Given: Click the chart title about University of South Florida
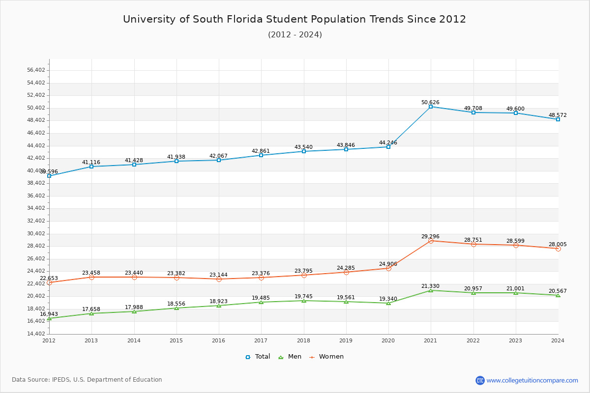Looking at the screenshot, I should [295, 19].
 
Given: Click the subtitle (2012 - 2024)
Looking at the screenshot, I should [295, 34].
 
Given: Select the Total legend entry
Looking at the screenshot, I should [258, 357].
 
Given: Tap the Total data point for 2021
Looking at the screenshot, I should [431, 107].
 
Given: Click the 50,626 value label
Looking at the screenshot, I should [430, 102].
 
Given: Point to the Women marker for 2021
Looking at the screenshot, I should [431, 241].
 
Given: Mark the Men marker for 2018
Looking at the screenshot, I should [304, 301].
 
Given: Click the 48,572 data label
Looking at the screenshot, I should [558, 115].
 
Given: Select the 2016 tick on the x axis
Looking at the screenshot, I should [219, 340].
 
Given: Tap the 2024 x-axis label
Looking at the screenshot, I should [558, 340].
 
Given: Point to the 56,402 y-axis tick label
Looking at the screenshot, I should [36, 70].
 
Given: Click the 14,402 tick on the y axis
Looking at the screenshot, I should [36, 334].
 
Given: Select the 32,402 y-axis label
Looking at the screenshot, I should [36, 221].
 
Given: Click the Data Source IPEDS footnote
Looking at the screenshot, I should [87, 380].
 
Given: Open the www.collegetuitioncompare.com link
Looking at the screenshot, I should [532, 380].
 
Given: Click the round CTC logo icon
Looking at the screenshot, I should [480, 380].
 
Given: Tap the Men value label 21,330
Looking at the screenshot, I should [430, 286].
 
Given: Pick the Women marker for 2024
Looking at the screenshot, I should [558, 249].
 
